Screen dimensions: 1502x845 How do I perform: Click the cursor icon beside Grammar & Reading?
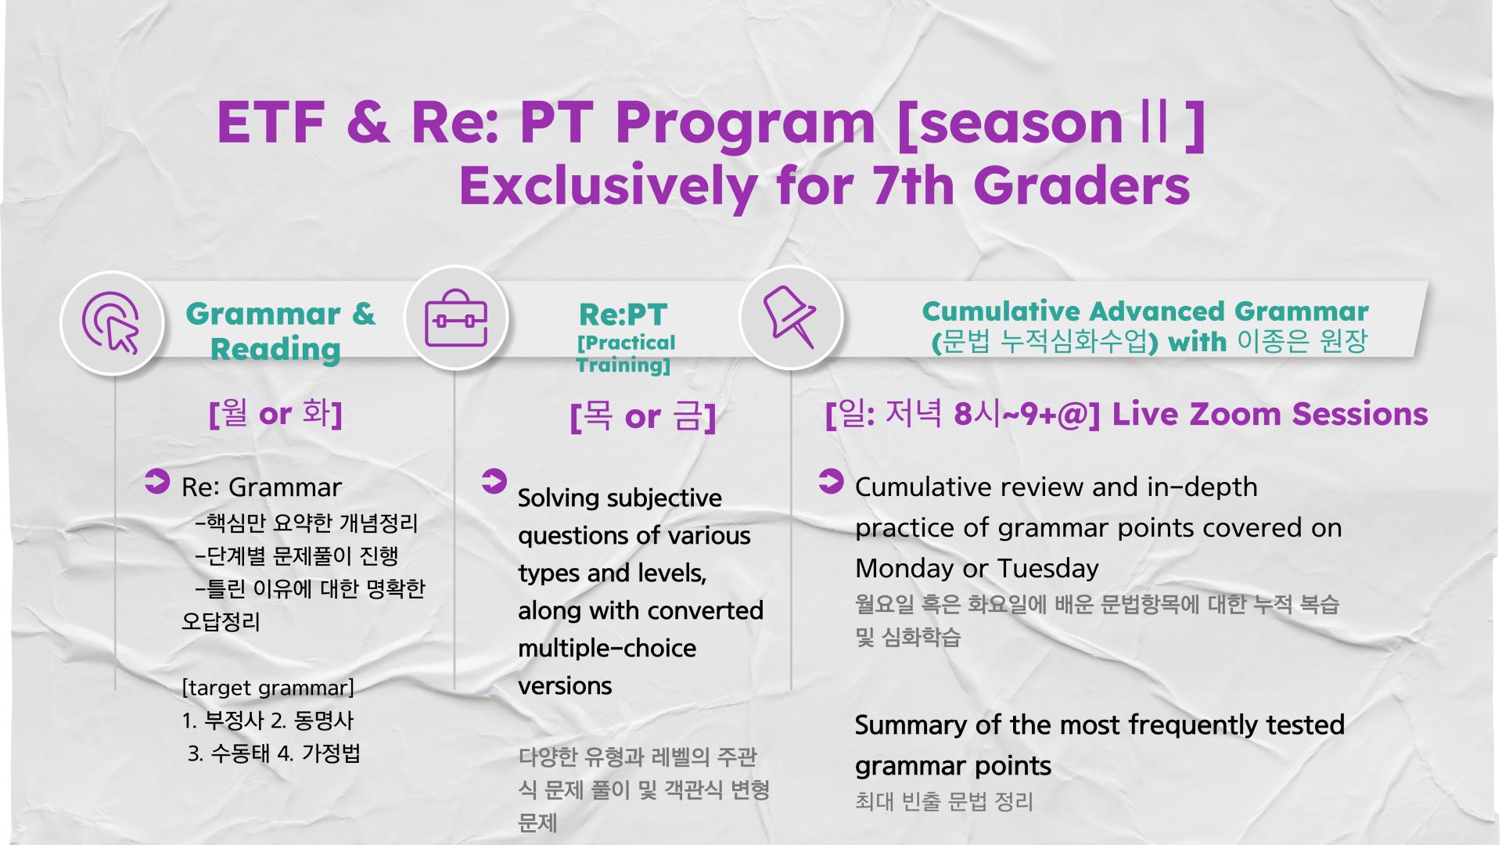(111, 322)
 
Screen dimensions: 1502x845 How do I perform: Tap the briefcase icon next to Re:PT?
(456, 318)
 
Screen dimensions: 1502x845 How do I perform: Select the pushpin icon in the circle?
(789, 316)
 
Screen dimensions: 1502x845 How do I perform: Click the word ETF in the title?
(271, 122)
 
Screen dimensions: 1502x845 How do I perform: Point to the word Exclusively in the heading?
(608, 187)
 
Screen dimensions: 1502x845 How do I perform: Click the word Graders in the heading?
(1082, 185)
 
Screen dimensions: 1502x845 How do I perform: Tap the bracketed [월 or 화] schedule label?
(275, 412)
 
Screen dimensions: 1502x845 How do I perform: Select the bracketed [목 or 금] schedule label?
(643, 416)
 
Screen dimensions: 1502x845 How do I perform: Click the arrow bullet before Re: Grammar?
(157, 481)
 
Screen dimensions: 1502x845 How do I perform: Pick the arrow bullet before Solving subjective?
(494, 481)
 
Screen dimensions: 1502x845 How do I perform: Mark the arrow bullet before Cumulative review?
(831, 481)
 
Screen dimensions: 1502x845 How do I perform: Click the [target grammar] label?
(268, 688)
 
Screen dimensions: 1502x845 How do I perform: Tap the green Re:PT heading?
(623, 315)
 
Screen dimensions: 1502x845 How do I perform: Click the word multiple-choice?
(607, 649)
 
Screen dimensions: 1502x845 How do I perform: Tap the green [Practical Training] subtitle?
(626, 354)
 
